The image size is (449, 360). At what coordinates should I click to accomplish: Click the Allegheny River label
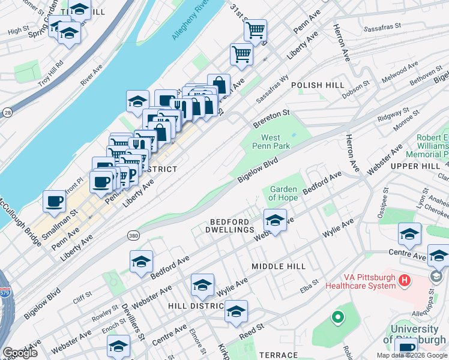point(190,25)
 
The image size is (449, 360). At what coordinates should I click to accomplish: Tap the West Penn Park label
point(275,142)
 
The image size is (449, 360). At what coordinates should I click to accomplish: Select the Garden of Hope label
point(283,193)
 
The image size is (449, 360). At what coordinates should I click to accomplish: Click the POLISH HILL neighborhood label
point(318,86)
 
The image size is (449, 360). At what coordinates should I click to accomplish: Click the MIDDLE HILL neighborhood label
point(279,266)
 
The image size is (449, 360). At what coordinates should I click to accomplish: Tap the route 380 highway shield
point(133,234)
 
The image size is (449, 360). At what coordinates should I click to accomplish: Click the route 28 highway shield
point(7,112)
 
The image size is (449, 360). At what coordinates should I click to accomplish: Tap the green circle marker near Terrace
point(338,316)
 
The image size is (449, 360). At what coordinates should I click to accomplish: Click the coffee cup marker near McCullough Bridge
point(55,202)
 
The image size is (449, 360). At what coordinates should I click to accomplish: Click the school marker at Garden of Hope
point(275,220)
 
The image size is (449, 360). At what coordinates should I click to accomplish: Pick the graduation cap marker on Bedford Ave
point(142,262)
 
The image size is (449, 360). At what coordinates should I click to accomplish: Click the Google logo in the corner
point(20,353)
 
